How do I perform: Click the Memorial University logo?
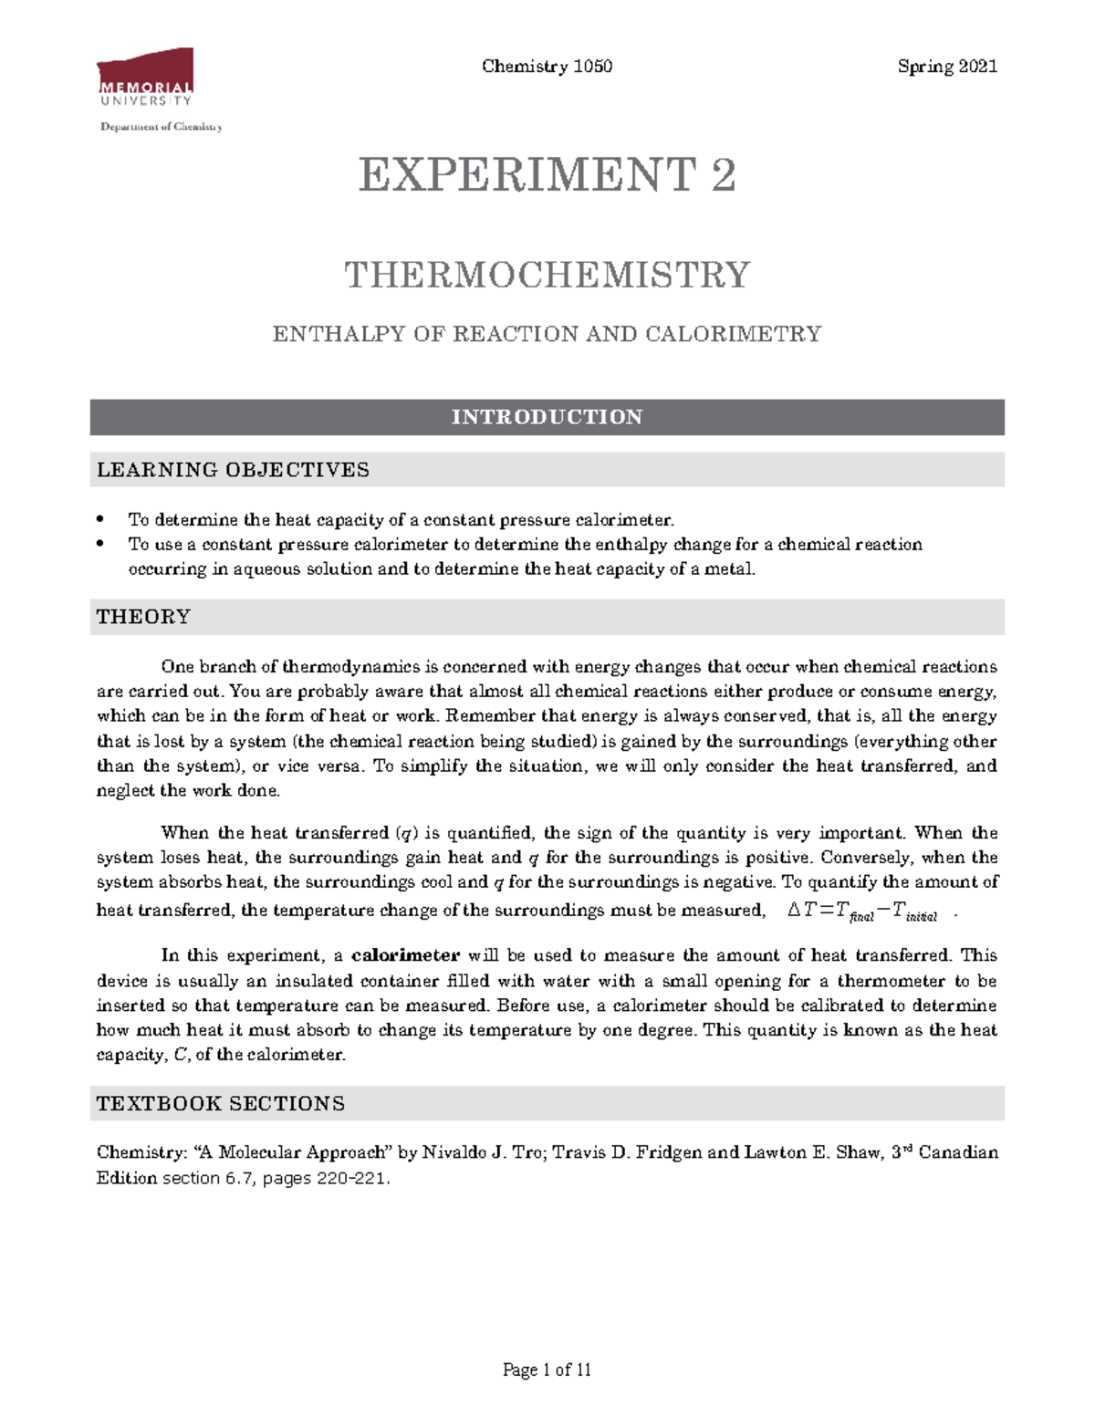tap(145, 79)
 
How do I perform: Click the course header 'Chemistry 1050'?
tap(547, 67)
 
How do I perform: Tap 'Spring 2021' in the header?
tap(947, 67)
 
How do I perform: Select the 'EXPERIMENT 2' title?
tap(547, 175)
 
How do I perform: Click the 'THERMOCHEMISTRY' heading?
tap(547, 275)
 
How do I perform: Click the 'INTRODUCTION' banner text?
tap(547, 417)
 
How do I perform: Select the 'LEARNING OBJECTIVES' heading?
tap(233, 470)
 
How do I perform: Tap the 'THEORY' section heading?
tap(143, 617)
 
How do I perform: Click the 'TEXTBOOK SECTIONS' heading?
tap(221, 1104)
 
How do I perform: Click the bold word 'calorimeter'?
tap(405, 956)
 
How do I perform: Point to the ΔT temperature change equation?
tap(862, 911)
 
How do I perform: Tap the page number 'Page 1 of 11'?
tap(547, 1370)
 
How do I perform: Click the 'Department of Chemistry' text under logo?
tap(162, 127)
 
